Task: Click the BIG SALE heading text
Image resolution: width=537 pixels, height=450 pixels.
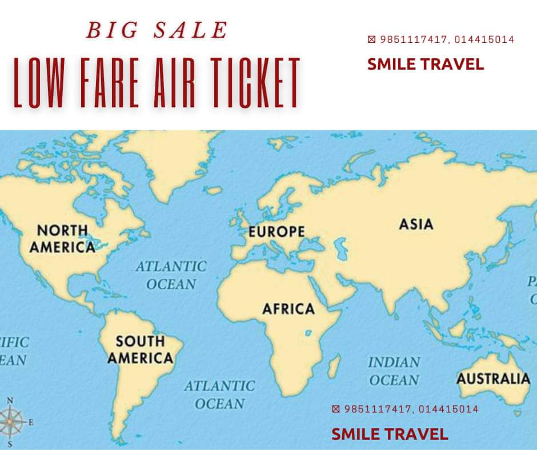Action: pos(157,30)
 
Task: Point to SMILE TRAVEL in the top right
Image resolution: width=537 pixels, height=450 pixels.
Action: pos(426,64)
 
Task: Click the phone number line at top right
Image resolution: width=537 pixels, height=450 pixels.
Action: pos(440,40)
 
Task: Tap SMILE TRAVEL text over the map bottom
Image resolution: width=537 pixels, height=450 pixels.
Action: pos(390,434)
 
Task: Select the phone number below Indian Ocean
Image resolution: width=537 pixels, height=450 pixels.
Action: pos(404,409)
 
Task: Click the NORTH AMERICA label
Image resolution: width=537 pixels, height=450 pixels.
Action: pos(62,239)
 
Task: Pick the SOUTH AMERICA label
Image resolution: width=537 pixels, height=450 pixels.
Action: pos(140,349)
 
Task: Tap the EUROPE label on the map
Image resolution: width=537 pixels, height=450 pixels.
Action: pos(276,232)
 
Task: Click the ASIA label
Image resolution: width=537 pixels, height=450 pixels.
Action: pos(416,224)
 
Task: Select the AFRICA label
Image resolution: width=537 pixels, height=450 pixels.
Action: pos(288,309)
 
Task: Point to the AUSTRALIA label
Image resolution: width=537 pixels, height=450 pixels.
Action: pos(493,378)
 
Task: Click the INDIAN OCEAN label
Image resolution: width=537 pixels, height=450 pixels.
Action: pos(394,371)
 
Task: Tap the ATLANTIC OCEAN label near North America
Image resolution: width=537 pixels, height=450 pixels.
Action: pos(171,275)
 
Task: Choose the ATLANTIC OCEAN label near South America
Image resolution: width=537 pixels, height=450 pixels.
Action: pos(219,395)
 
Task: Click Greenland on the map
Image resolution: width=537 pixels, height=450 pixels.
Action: pos(171,160)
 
